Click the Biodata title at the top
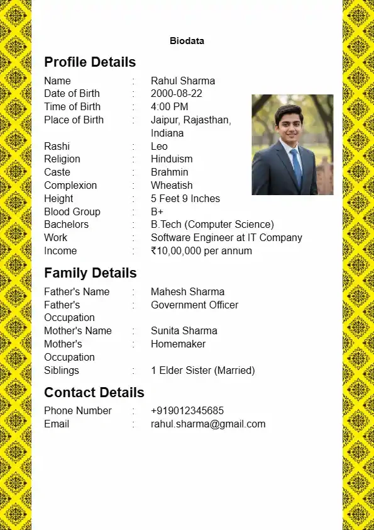pyautogui.click(x=187, y=41)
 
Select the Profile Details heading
pyautogui.click(x=90, y=62)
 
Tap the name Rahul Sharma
pyautogui.click(x=183, y=81)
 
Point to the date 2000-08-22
pyautogui.click(x=177, y=94)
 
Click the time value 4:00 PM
pyautogui.click(x=169, y=107)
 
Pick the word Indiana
pyautogui.click(x=167, y=133)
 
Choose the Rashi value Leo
pyautogui.click(x=159, y=147)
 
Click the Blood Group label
pyautogui.click(x=72, y=212)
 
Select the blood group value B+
pyautogui.click(x=157, y=212)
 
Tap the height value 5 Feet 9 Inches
pyautogui.click(x=185, y=199)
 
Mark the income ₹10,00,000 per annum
pyautogui.click(x=201, y=251)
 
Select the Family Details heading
pyautogui.click(x=90, y=273)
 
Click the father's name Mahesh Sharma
pyautogui.click(x=187, y=292)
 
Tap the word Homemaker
pyautogui.click(x=178, y=344)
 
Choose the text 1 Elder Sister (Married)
pyautogui.click(x=202, y=371)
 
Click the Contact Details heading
pyautogui.click(x=94, y=393)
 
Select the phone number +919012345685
pyautogui.click(x=187, y=411)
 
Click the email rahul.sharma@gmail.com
pyautogui.click(x=208, y=424)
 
